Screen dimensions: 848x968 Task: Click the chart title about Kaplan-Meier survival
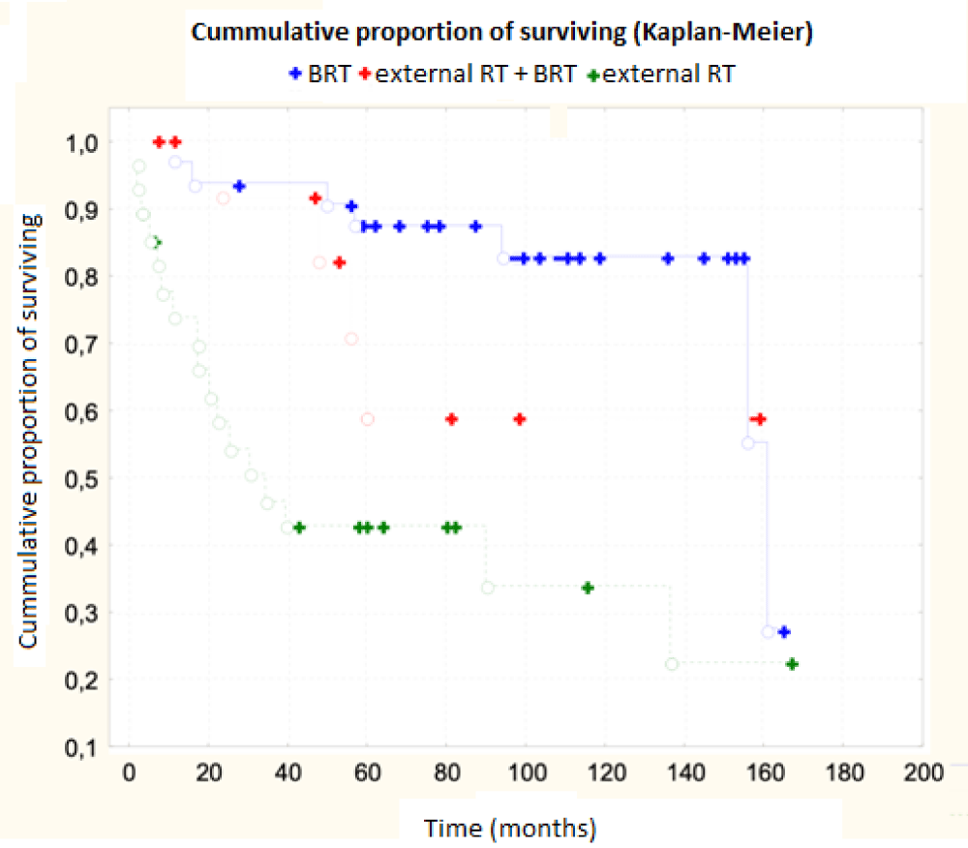501,32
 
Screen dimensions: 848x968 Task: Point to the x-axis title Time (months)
510,829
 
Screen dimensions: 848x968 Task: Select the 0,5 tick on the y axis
83,479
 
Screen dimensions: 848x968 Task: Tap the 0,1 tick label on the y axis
83,747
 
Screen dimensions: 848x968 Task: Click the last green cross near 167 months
792,664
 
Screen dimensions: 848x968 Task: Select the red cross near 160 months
761,419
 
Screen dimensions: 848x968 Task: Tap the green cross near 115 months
587,588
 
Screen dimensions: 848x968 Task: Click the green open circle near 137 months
672,664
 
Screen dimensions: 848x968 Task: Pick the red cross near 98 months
520,419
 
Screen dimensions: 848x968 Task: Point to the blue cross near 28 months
239,186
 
